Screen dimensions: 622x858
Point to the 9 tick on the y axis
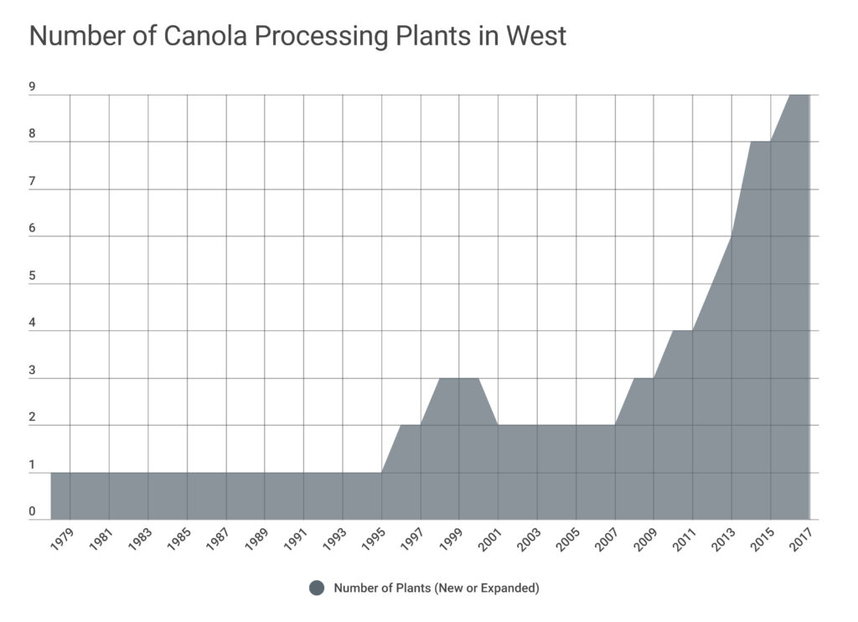(32, 86)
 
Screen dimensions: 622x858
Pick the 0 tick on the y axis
(32, 511)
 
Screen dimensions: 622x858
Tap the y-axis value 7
(32, 180)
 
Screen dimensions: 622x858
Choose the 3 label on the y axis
(32, 369)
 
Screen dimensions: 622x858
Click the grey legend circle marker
(317, 588)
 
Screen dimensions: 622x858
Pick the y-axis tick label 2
(32, 416)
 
